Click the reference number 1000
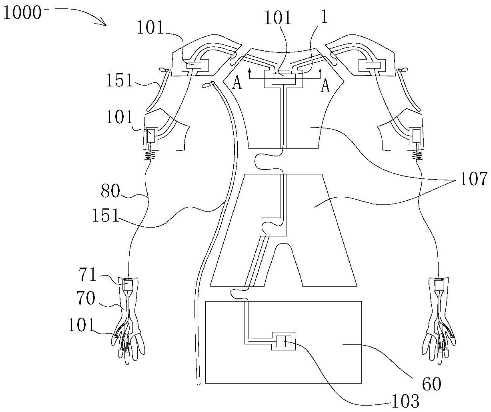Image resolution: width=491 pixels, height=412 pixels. point(22,13)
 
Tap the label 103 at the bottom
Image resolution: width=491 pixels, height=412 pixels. point(405,401)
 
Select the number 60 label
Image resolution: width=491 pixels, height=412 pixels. point(431,384)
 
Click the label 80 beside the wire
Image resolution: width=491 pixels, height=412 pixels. point(110,191)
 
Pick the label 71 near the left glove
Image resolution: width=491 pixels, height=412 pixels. point(88,274)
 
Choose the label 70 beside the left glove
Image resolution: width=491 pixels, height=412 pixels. point(86,298)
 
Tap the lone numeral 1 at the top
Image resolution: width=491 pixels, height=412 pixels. point(324,17)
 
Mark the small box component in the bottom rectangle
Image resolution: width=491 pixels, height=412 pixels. point(283,341)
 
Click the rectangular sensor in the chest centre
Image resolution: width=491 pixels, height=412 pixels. point(284,78)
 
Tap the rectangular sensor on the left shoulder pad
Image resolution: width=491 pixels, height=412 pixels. point(194,65)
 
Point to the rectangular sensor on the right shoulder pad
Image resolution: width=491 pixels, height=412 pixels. point(373,65)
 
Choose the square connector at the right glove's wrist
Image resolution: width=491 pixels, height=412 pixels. point(439,286)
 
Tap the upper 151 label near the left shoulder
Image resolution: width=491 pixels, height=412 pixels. point(120,80)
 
